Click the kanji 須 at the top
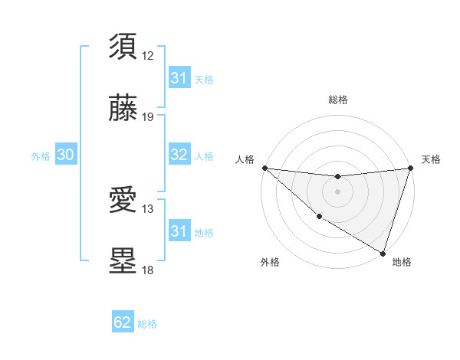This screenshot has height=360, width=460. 123,47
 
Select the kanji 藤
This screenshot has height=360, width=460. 123,109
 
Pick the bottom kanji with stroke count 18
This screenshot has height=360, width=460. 123,261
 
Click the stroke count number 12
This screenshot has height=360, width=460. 148,55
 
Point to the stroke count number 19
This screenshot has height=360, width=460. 148,117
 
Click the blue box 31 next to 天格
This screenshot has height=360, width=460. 179,78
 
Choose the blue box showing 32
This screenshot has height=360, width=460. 179,155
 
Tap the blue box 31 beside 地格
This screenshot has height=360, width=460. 179,231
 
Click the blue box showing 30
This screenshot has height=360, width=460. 66,155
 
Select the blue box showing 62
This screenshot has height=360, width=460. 123,322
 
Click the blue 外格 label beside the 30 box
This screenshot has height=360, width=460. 41,155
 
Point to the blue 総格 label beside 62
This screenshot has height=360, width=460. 147,324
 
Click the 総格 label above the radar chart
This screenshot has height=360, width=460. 337,100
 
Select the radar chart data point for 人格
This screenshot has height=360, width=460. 264,168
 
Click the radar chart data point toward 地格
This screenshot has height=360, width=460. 383,253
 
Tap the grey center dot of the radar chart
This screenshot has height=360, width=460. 337,191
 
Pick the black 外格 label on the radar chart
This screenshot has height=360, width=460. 270,262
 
